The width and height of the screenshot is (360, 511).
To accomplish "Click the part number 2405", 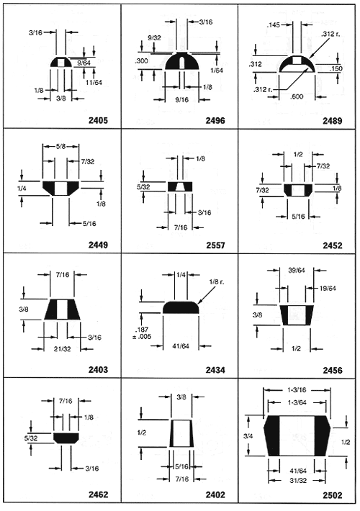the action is click(98, 120).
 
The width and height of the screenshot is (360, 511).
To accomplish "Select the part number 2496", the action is click(215, 120).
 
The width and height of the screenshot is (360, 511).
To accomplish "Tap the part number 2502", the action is click(333, 495).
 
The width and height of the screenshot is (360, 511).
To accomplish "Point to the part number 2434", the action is click(215, 370).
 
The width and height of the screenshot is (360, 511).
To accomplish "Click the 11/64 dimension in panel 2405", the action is click(94, 83).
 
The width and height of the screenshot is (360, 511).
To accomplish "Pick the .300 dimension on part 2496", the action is click(141, 61).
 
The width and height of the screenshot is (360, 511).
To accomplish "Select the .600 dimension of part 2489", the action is click(297, 96).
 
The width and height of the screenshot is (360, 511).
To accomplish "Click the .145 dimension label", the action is click(274, 24).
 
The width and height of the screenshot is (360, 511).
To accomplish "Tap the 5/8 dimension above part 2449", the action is click(60, 146).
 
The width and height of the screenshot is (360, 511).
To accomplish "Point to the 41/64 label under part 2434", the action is click(181, 345).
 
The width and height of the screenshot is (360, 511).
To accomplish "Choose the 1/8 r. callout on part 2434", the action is click(217, 281).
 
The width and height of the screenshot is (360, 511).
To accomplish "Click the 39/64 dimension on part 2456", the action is click(297, 270).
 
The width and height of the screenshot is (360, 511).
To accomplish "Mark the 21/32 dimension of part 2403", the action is click(63, 349).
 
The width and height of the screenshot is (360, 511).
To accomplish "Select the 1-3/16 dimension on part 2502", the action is click(297, 390).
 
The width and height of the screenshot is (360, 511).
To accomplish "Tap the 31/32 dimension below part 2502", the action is click(298, 480).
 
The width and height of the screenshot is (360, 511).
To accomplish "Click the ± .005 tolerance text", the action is click(142, 337).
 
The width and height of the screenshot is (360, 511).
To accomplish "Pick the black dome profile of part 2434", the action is click(181, 307).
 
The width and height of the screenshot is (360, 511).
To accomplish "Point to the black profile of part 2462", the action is click(66, 438).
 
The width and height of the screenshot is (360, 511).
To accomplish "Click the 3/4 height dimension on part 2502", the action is click(248, 435).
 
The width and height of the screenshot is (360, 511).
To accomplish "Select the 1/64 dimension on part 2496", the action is click(217, 71).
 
